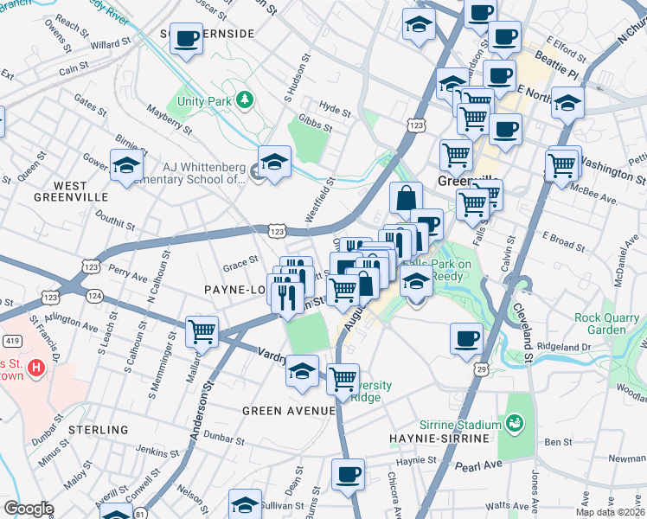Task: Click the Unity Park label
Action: [206, 101]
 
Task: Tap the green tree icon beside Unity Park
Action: [245, 101]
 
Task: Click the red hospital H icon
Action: [35, 368]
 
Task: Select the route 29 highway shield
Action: [478, 369]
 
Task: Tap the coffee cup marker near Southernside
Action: [186, 39]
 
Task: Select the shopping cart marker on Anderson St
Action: [202, 330]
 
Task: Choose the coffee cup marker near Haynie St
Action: [348, 474]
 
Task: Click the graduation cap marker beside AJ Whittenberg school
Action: [274, 161]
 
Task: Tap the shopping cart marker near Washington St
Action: [561, 162]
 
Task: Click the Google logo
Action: [28, 509]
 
